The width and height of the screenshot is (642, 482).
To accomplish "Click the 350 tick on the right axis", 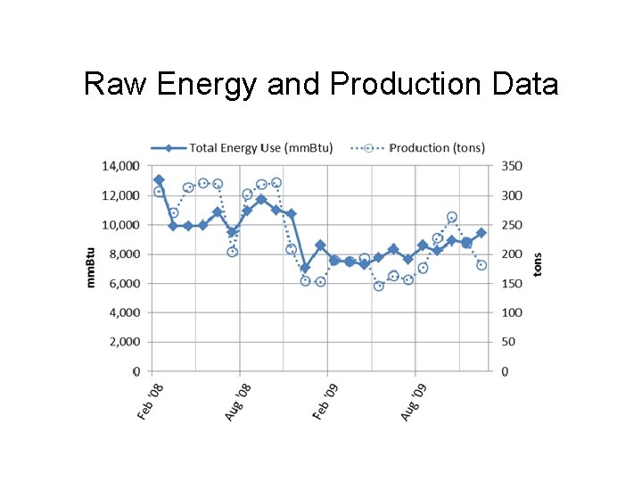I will point(512,166).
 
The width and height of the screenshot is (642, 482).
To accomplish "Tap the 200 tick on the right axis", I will point(512,253).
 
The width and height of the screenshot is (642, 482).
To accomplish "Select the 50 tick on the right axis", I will point(509,342).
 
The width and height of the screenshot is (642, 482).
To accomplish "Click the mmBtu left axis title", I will point(90,268).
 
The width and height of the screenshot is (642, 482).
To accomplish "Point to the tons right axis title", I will point(537,264).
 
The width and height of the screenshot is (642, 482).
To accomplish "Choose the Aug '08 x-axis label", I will point(238,402).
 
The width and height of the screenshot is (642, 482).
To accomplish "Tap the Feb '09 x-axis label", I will point(325,402).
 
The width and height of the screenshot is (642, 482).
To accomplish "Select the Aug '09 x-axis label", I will point(413,402).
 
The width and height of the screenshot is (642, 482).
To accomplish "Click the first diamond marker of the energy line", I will point(159,180).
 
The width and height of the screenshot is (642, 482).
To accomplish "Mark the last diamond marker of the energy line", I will point(481,233).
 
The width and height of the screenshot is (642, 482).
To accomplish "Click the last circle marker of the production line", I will point(481,265).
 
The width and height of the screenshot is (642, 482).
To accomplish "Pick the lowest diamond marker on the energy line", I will point(305,268).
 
